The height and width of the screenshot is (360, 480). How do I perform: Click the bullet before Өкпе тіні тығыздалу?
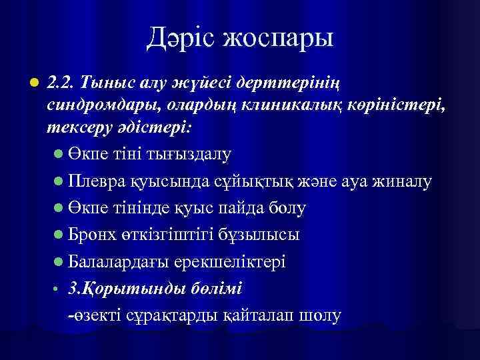(x=58, y=155)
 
